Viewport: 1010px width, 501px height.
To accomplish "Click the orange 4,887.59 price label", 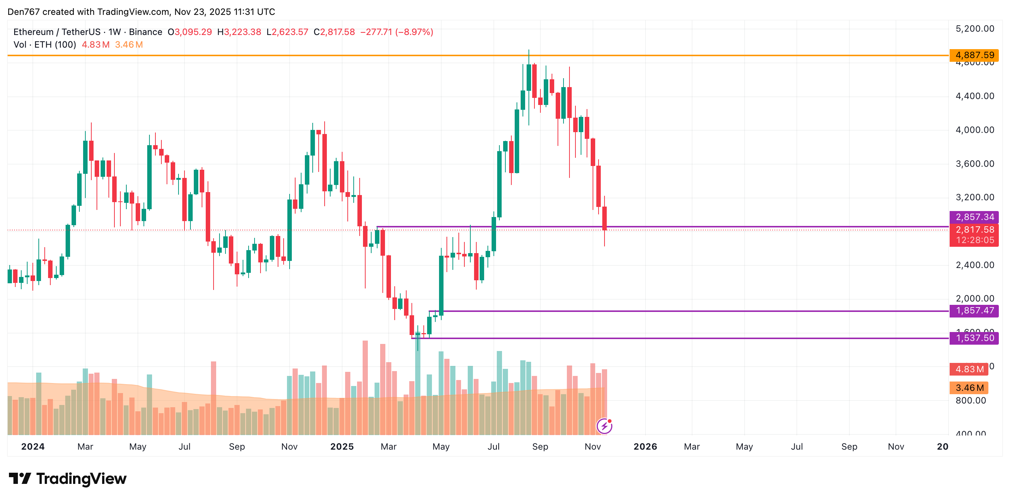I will (x=974, y=55).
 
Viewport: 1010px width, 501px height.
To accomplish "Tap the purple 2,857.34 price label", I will (x=974, y=217).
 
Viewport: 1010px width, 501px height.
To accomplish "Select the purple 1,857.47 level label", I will (x=974, y=311).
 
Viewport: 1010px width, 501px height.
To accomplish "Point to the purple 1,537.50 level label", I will (x=974, y=338).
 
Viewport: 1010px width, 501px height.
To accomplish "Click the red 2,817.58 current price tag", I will (x=974, y=230).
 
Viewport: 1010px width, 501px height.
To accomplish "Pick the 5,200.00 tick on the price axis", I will (x=975, y=29).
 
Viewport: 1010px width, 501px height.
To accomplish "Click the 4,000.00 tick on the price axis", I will (x=975, y=130).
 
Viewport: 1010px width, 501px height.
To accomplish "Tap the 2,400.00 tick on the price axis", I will (x=975, y=265).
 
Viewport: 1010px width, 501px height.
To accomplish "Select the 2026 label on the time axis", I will (x=645, y=447).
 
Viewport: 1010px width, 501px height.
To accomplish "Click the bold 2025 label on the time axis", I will (x=342, y=447).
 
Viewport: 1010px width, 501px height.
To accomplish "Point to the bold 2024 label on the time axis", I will (x=33, y=447).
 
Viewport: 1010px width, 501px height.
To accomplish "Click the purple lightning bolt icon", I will (x=604, y=426).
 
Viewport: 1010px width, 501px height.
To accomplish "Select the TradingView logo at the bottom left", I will (x=68, y=479).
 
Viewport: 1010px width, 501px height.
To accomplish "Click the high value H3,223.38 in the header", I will (x=239, y=32).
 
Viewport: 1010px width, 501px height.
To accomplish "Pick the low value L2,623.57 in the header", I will (x=287, y=32).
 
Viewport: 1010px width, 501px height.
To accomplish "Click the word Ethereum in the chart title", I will (x=33, y=32).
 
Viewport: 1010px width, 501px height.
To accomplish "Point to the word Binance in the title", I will (x=145, y=32).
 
